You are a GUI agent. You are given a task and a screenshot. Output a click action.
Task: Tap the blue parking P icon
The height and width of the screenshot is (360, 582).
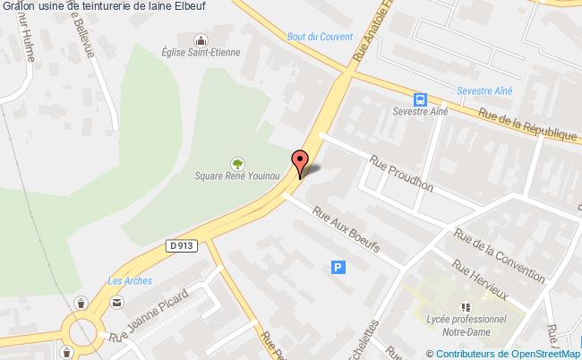pos(338,266)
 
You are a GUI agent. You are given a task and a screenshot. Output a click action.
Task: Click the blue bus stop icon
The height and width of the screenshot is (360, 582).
pos(419,99)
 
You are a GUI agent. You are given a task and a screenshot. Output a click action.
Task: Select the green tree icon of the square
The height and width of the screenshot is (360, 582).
pos(237,163)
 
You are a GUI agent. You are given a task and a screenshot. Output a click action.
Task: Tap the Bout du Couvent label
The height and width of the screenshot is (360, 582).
pos(308,37)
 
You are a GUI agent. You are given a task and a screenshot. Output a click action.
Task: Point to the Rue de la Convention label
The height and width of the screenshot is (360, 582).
pos(499,253)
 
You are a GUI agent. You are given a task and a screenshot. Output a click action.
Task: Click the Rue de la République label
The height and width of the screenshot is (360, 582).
pos(527,125)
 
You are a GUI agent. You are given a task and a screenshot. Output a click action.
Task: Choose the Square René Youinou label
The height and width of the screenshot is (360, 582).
pos(237,176)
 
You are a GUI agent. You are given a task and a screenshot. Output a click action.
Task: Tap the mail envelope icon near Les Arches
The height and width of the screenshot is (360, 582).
pos(116,304)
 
